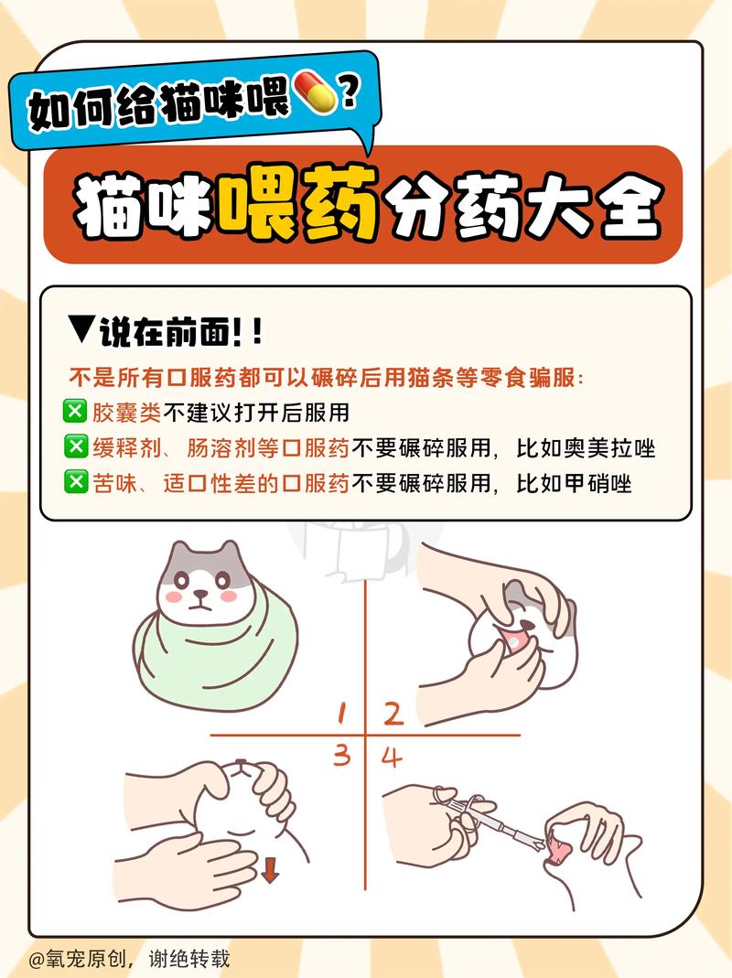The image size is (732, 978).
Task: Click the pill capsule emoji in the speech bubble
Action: coord(314,93)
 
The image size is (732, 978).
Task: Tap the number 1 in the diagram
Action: coord(340,713)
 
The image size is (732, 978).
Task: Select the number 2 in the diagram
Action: coord(393,713)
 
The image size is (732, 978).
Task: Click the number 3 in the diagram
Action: coord(341,755)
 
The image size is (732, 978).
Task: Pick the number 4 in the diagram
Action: coord(392,758)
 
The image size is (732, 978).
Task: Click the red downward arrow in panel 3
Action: coord(269,868)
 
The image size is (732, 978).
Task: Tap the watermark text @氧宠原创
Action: coord(82,959)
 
